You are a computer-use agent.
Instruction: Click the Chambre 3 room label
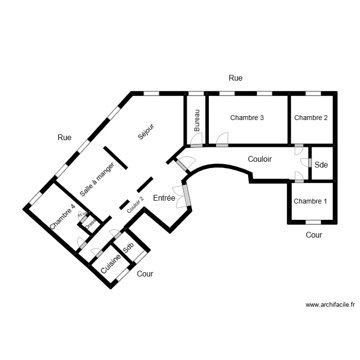pos(247,118)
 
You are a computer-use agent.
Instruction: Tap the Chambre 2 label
pos(311,118)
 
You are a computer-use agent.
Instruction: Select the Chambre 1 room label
pos(310,201)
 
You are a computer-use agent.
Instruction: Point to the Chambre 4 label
pos(62,216)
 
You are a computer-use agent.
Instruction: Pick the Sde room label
pos(321,165)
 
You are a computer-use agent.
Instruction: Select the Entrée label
pos(164,198)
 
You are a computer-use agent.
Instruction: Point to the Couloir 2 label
pos(135,205)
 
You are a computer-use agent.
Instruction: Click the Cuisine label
pos(110,264)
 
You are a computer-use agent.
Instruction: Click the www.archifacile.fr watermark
pos(330,304)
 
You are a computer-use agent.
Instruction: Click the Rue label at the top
pos(236,78)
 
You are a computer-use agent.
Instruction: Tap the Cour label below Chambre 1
pos(314,235)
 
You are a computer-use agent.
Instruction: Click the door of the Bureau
pos(196,140)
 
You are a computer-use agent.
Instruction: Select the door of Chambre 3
pos(222,140)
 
